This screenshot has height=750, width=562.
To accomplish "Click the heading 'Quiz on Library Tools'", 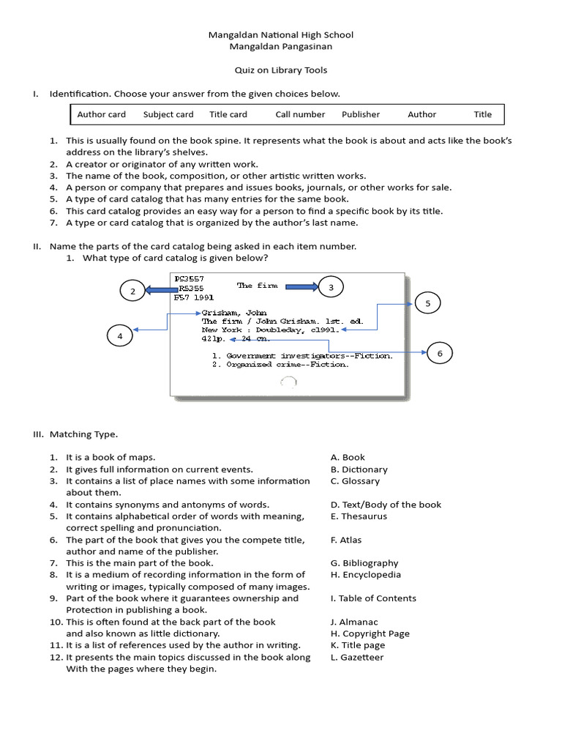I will [281, 70].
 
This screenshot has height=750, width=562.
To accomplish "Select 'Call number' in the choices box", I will [300, 114].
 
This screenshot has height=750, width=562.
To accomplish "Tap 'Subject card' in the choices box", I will [168, 114].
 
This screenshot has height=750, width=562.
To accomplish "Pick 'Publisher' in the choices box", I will [361, 114].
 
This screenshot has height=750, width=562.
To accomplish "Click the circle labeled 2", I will [132, 292].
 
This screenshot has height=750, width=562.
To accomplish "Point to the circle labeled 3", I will [331, 288].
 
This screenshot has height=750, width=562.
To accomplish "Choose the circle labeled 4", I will [120, 336].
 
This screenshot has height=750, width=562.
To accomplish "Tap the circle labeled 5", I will [428, 303].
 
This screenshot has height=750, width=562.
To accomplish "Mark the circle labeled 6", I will [440, 354].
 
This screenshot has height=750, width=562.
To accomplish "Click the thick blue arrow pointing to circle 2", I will [162, 290].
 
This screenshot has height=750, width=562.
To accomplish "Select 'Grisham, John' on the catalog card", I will [229, 313].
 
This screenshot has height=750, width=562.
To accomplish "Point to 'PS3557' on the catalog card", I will [189, 279].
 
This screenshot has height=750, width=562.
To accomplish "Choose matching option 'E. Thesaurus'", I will [359, 516].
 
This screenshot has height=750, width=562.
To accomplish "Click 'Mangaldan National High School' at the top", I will [281, 34].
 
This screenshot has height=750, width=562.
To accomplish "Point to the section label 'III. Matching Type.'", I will [75, 434].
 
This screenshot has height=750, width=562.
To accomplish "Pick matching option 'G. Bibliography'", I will [364, 563].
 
